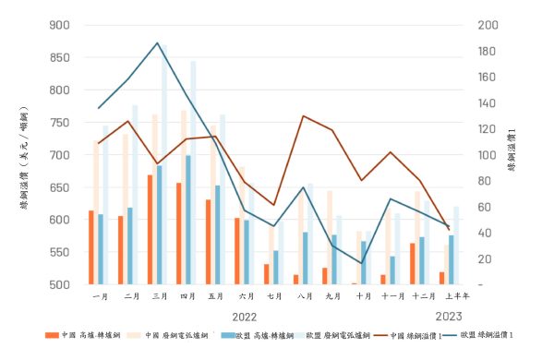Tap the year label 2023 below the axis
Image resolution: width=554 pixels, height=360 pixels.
[449, 316]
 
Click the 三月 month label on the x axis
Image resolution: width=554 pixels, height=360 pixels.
[159, 296]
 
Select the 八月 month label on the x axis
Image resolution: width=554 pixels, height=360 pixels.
[304, 296]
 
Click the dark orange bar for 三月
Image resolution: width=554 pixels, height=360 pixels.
[150, 229]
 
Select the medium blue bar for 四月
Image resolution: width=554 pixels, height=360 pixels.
[188, 220]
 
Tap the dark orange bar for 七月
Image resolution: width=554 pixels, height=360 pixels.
[266, 274]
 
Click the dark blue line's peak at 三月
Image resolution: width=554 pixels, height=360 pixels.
[158, 43]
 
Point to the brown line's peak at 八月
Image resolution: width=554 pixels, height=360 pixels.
[304, 116]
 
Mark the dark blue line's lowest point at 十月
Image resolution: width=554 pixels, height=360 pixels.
[362, 264]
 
